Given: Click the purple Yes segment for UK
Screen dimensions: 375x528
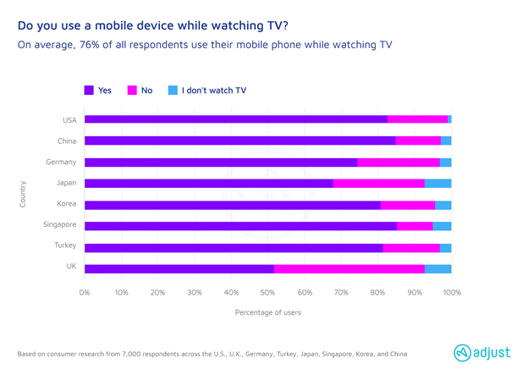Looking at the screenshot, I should pyautogui.click(x=179, y=269).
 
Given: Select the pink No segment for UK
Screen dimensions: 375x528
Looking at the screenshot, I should pyautogui.click(x=349, y=269).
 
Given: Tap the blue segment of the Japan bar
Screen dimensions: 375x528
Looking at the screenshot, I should pyautogui.click(x=437, y=183).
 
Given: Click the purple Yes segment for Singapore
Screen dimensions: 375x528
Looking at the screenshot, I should pyautogui.click(x=240, y=226).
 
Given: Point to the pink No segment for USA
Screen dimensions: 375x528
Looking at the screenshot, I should pyautogui.click(x=418, y=119).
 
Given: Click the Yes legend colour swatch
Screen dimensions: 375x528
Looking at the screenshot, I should pyautogui.click(x=90, y=90).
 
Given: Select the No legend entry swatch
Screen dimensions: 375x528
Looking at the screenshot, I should pyautogui.click(x=132, y=90).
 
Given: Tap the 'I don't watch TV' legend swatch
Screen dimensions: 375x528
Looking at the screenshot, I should pyautogui.click(x=173, y=90).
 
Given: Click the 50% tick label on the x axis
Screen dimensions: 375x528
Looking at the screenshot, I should pyautogui.click(x=267, y=293).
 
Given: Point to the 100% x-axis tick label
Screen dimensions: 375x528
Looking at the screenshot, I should pyautogui.click(x=451, y=293).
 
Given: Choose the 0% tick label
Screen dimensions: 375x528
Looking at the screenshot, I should pyautogui.click(x=85, y=293).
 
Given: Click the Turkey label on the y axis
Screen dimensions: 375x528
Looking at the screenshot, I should pyautogui.click(x=65, y=245).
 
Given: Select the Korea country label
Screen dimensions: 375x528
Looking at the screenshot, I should pyautogui.click(x=66, y=204).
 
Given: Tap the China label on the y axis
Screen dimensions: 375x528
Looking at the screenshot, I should pyautogui.click(x=66, y=141).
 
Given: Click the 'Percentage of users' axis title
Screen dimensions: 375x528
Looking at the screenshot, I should pyautogui.click(x=267, y=312).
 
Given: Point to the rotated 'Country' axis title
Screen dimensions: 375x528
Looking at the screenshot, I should pyautogui.click(x=23, y=193).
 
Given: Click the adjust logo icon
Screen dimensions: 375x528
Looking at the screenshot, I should pyautogui.click(x=461, y=353).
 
